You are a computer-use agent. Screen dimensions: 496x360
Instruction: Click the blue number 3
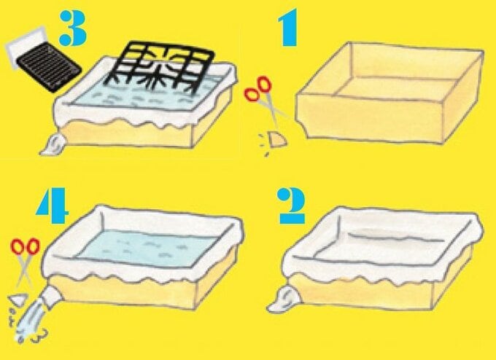click(73, 28)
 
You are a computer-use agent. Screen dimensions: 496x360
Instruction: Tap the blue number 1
click(288, 27)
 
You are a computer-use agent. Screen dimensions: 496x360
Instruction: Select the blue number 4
click(53, 206)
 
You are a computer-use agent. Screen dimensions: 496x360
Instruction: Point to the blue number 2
click(292, 206)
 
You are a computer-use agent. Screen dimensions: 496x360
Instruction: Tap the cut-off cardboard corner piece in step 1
click(277, 140)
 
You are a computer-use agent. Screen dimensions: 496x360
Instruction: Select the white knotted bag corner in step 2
click(282, 299)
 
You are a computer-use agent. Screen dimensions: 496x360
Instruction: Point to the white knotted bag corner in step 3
click(55, 145)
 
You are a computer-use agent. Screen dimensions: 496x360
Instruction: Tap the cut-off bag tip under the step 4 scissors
click(18, 299)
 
